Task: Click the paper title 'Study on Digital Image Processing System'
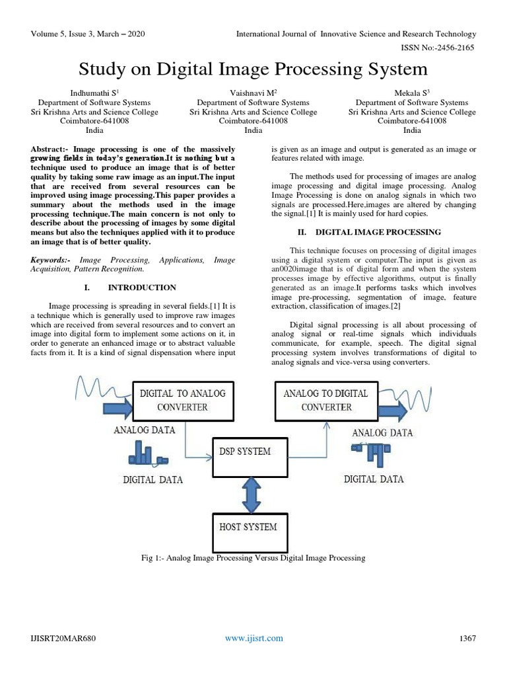(253, 69)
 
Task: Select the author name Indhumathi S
(94, 93)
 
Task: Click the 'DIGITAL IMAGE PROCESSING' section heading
(378, 232)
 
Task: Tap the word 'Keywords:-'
(51, 260)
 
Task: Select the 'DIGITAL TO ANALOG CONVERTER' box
(182, 400)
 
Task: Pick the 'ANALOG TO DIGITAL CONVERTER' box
(326, 400)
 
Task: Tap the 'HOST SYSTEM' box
(248, 528)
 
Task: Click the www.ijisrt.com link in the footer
(253, 638)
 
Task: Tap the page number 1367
(467, 638)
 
